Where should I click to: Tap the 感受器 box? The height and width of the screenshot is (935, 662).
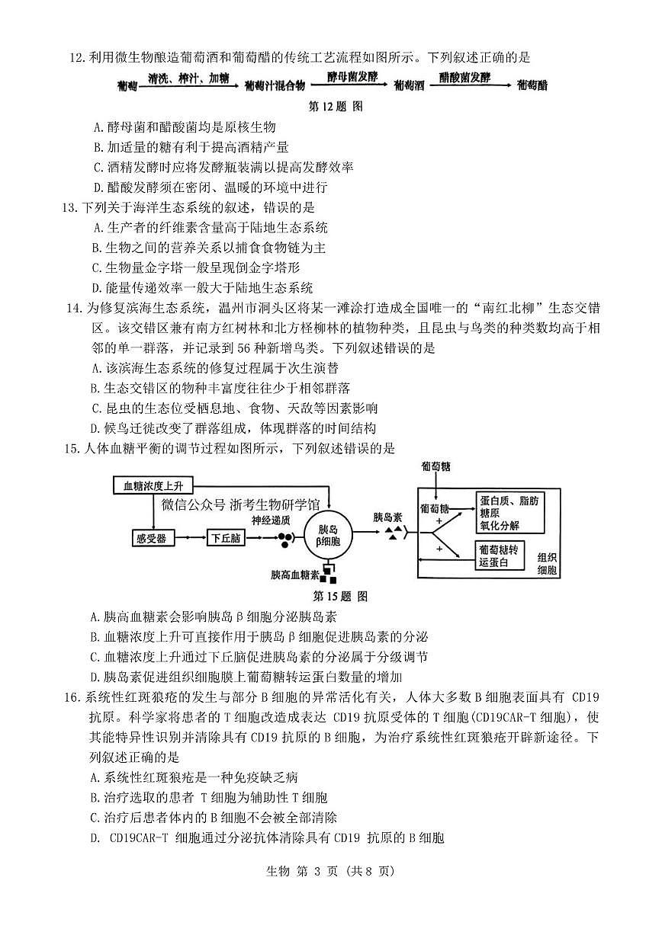point(151,538)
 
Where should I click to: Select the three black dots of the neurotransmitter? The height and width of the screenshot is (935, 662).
point(284,540)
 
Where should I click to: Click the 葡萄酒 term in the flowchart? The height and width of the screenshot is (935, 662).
point(409,85)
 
